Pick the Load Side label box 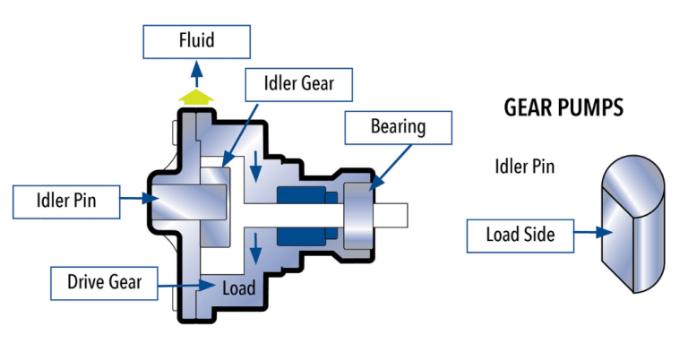click(x=520, y=235)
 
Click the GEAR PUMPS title click(x=563, y=109)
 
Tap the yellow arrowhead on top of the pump click(x=197, y=95)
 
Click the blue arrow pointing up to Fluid click(x=197, y=73)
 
